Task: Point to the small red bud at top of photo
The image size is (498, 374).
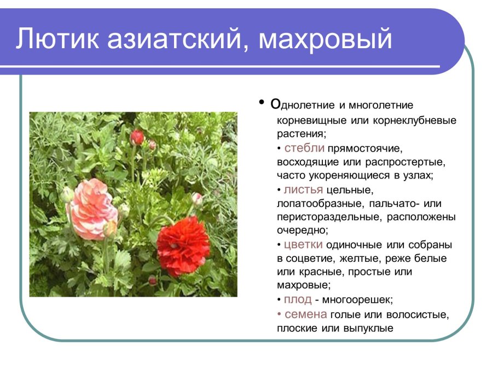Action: click(x=137, y=137)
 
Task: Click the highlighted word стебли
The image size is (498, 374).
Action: click(x=304, y=148)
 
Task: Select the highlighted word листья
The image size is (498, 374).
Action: click(x=303, y=189)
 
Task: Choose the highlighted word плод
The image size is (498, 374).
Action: click(x=298, y=300)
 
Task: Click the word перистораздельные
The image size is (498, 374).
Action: click(x=329, y=217)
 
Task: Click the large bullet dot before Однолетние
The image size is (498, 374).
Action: click(x=262, y=103)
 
